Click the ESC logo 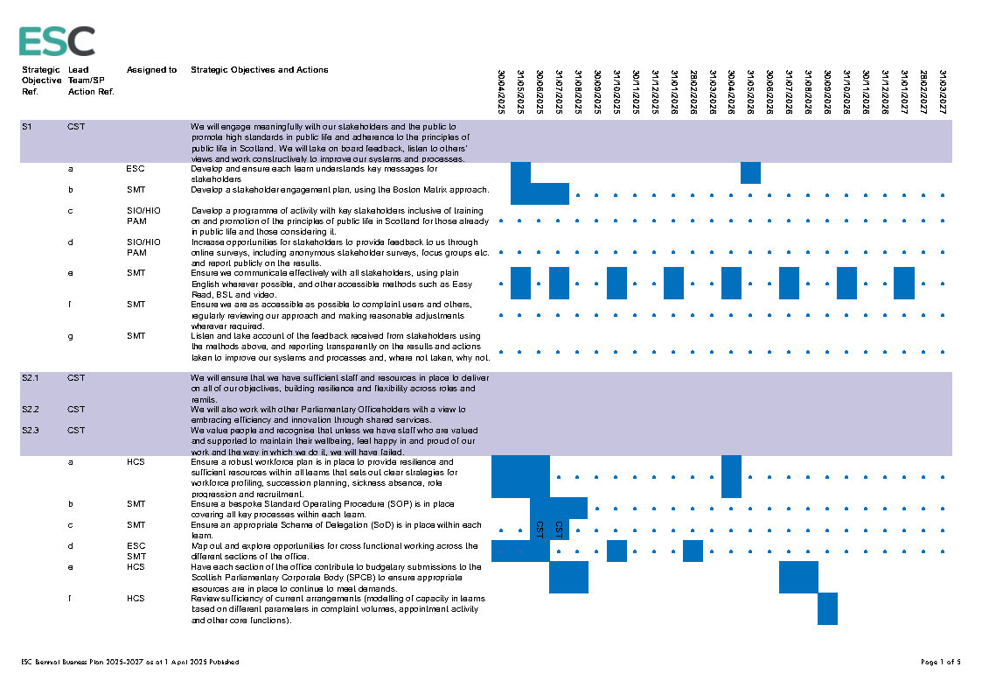[57, 41]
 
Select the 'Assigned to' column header [151, 70]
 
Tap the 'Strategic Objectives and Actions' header [260, 70]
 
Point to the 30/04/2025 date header [501, 92]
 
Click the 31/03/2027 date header [943, 92]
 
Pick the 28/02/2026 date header [693, 92]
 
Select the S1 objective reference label [27, 127]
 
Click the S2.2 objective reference [31, 409]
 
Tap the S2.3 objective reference [31, 430]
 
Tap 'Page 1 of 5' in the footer [941, 662]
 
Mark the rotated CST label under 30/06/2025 [540, 530]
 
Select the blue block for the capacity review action [827, 608]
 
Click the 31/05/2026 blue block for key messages [750, 172]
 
